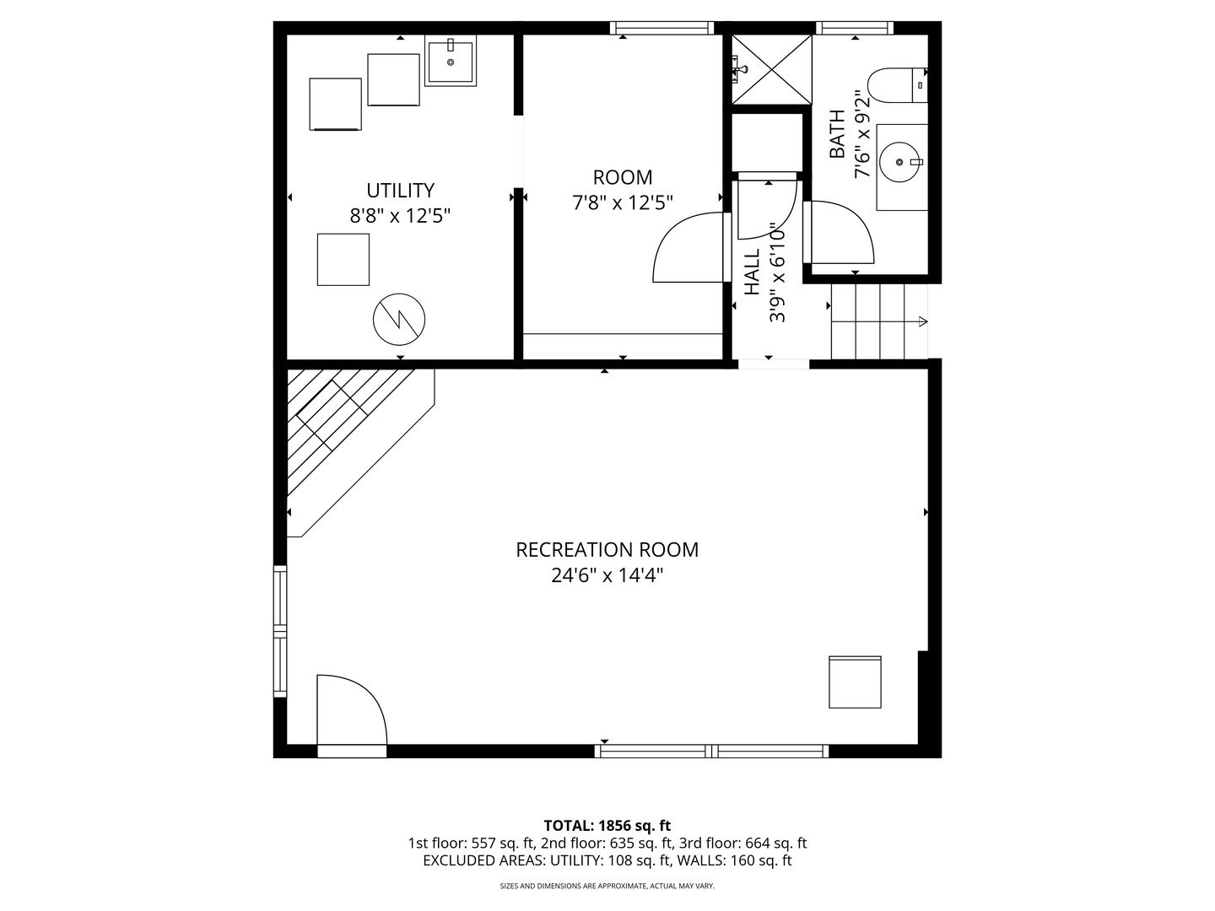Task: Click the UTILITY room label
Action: [x=400, y=191]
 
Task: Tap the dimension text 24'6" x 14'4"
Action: [x=607, y=576]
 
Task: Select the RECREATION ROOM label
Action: [x=607, y=550]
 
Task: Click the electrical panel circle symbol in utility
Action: [x=399, y=319]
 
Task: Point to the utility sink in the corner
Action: [x=451, y=61]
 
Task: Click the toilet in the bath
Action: [x=896, y=85]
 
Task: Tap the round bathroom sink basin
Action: [x=899, y=161]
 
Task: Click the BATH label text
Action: [x=837, y=134]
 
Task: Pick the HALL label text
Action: [x=753, y=272]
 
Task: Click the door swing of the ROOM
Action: [x=688, y=248]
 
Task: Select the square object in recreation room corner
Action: [x=855, y=682]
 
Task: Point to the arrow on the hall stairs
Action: [x=921, y=321]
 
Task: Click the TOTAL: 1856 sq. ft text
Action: [x=607, y=825]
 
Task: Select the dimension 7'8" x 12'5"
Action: [x=623, y=203]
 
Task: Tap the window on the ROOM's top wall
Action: [x=662, y=29]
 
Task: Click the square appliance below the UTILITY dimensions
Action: [x=343, y=260]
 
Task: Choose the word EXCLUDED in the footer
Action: [x=459, y=860]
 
